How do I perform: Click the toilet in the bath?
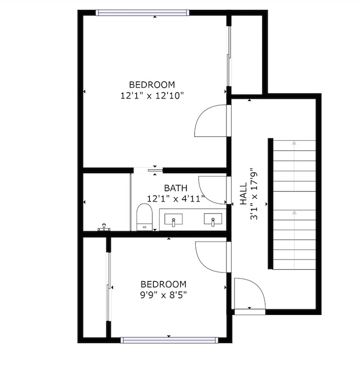[144, 217]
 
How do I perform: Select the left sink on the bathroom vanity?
[173, 219]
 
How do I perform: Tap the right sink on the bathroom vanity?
[213, 219]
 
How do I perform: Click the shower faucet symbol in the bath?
[104, 227]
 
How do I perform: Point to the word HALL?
[243, 194]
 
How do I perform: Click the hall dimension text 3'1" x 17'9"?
[254, 194]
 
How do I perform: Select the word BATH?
[175, 188]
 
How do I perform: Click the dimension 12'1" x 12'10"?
[152, 96]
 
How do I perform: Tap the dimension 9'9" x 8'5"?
[163, 295]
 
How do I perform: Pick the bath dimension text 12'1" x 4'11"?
[176, 199]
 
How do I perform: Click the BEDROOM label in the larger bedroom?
[152, 85]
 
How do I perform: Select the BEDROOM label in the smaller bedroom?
[163, 284]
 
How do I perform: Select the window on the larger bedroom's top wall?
[142, 12]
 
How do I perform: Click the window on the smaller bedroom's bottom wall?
[169, 340]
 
